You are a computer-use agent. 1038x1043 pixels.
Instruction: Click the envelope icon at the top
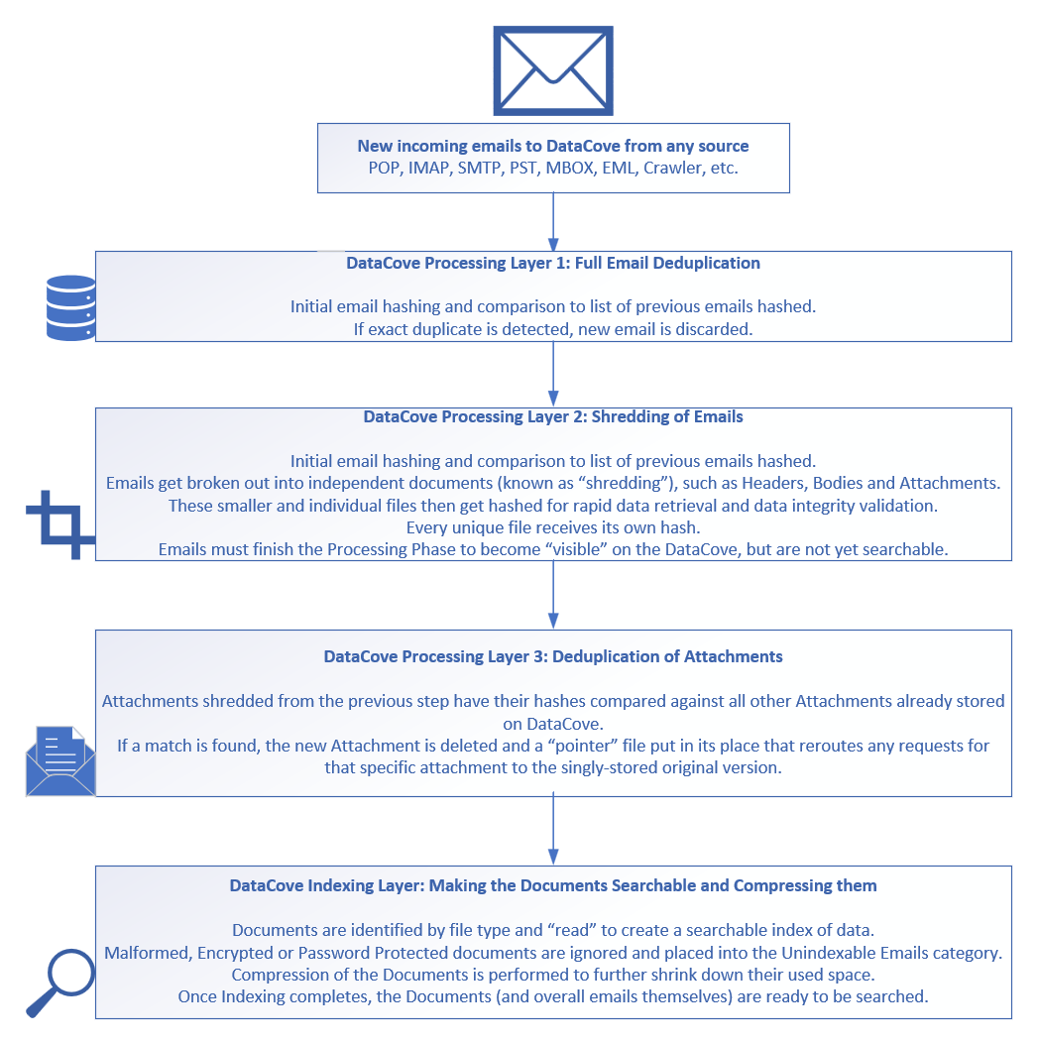552,70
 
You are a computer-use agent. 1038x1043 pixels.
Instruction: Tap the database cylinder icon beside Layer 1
71,308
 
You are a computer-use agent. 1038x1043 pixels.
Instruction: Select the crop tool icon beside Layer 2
58,524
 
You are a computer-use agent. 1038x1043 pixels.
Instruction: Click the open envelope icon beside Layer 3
59,760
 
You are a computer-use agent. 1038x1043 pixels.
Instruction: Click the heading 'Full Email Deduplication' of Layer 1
553,264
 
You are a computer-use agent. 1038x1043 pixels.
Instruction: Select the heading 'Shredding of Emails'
553,417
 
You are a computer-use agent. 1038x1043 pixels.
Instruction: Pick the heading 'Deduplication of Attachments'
553,656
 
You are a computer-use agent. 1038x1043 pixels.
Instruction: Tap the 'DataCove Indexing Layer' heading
553,885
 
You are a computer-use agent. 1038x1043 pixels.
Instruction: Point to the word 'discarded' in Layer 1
719,329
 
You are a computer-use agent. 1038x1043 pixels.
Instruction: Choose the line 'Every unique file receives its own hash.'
553,526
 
